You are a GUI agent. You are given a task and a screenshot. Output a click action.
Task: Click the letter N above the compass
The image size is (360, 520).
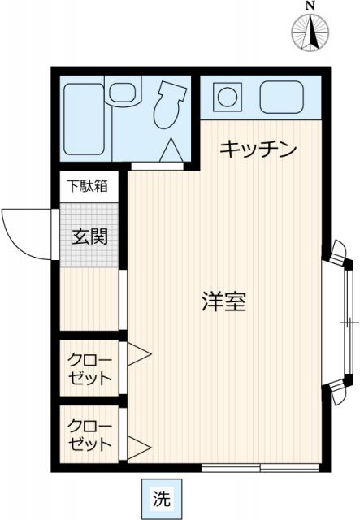(x=310, y=6)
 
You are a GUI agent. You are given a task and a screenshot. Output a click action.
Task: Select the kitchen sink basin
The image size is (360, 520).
(x=280, y=97)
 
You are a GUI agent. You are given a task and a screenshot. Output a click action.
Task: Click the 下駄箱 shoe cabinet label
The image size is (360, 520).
(x=90, y=185)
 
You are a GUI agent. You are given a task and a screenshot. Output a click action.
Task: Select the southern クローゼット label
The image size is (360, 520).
(x=89, y=435)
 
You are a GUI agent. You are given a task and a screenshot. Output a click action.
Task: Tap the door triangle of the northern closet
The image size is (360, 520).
(x=137, y=353)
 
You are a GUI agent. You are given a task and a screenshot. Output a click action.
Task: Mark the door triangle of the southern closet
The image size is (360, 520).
(x=137, y=445)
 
